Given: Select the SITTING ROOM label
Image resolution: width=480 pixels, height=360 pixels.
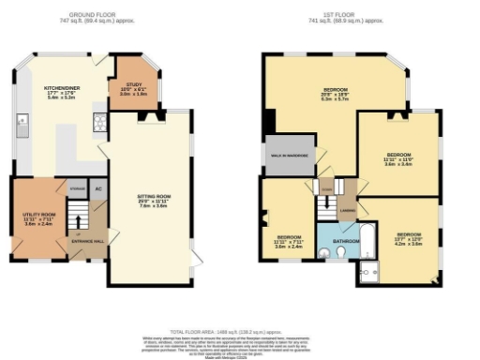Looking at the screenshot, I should point(152,198).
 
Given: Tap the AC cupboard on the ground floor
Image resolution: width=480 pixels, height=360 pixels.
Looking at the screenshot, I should point(97,187).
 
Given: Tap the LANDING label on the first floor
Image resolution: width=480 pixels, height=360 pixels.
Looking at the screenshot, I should point(347,209).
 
